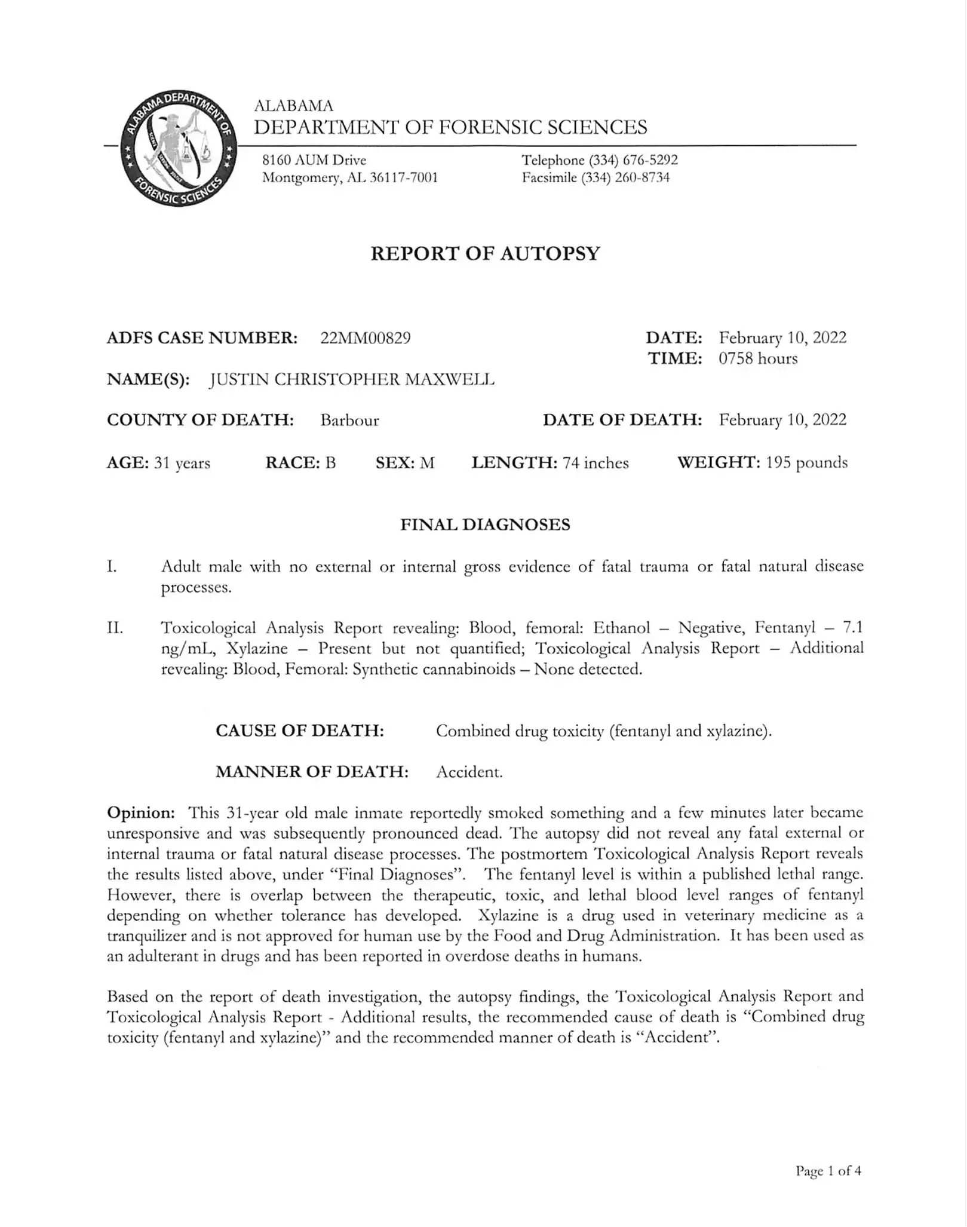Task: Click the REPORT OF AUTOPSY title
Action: click(x=485, y=253)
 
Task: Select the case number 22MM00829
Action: click(x=366, y=338)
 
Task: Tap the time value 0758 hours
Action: click(x=758, y=358)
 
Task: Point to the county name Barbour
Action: click(x=349, y=421)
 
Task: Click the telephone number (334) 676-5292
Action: click(x=633, y=160)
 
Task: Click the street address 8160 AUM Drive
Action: click(x=314, y=160)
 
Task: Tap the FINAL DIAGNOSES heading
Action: click(x=485, y=524)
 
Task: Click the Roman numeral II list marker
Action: click(x=115, y=628)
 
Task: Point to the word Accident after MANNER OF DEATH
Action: click(x=469, y=772)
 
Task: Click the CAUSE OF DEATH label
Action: click(x=299, y=731)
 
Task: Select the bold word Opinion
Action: click(x=140, y=812)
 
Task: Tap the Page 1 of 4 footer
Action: click(x=828, y=1171)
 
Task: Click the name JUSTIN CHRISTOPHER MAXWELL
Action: click(x=352, y=379)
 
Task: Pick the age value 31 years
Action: click(x=182, y=463)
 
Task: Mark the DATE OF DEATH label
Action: click(x=622, y=420)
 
